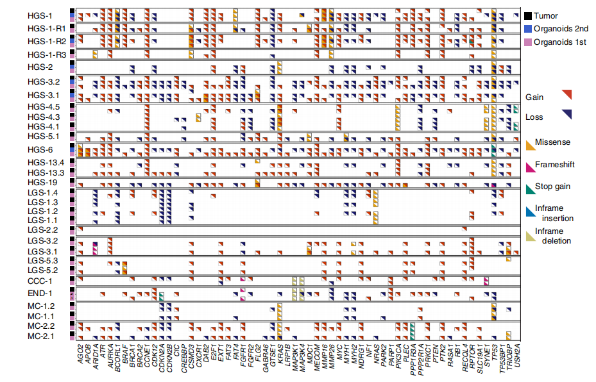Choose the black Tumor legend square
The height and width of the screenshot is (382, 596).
pyautogui.click(x=528, y=15)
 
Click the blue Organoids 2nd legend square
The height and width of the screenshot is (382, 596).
pyautogui.click(x=528, y=29)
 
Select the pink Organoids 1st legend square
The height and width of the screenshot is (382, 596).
pyautogui.click(x=528, y=42)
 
